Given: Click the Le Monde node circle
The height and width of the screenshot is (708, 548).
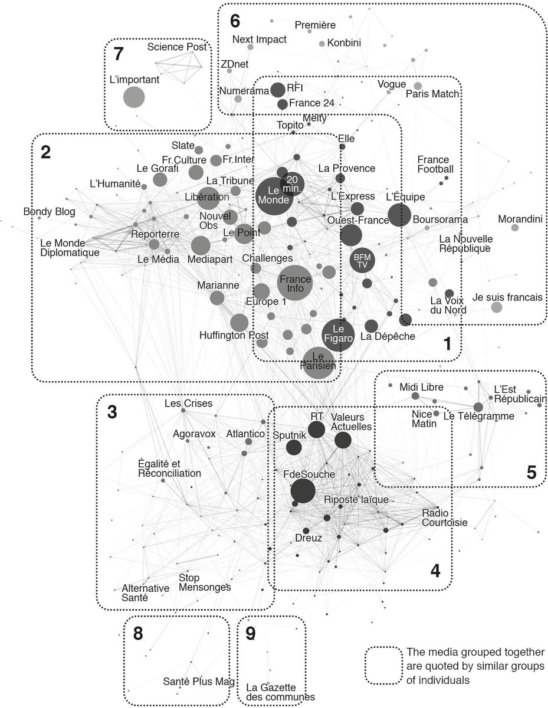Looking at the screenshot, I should click(273, 194).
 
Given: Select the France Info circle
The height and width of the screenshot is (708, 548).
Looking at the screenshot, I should click(295, 283).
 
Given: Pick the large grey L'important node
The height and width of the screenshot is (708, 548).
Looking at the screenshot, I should click(134, 97).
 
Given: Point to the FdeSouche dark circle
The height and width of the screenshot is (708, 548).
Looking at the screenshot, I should click(303, 491).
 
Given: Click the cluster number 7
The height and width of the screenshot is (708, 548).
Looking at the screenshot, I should click(118, 54).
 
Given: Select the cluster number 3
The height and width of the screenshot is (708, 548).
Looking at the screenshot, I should click(112, 412).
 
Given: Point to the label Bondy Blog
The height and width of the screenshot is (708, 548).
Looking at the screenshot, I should click(49, 212).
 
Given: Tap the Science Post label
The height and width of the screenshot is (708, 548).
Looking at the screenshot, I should click(176, 47).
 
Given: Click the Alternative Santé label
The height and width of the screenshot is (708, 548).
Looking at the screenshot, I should click(145, 592).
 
